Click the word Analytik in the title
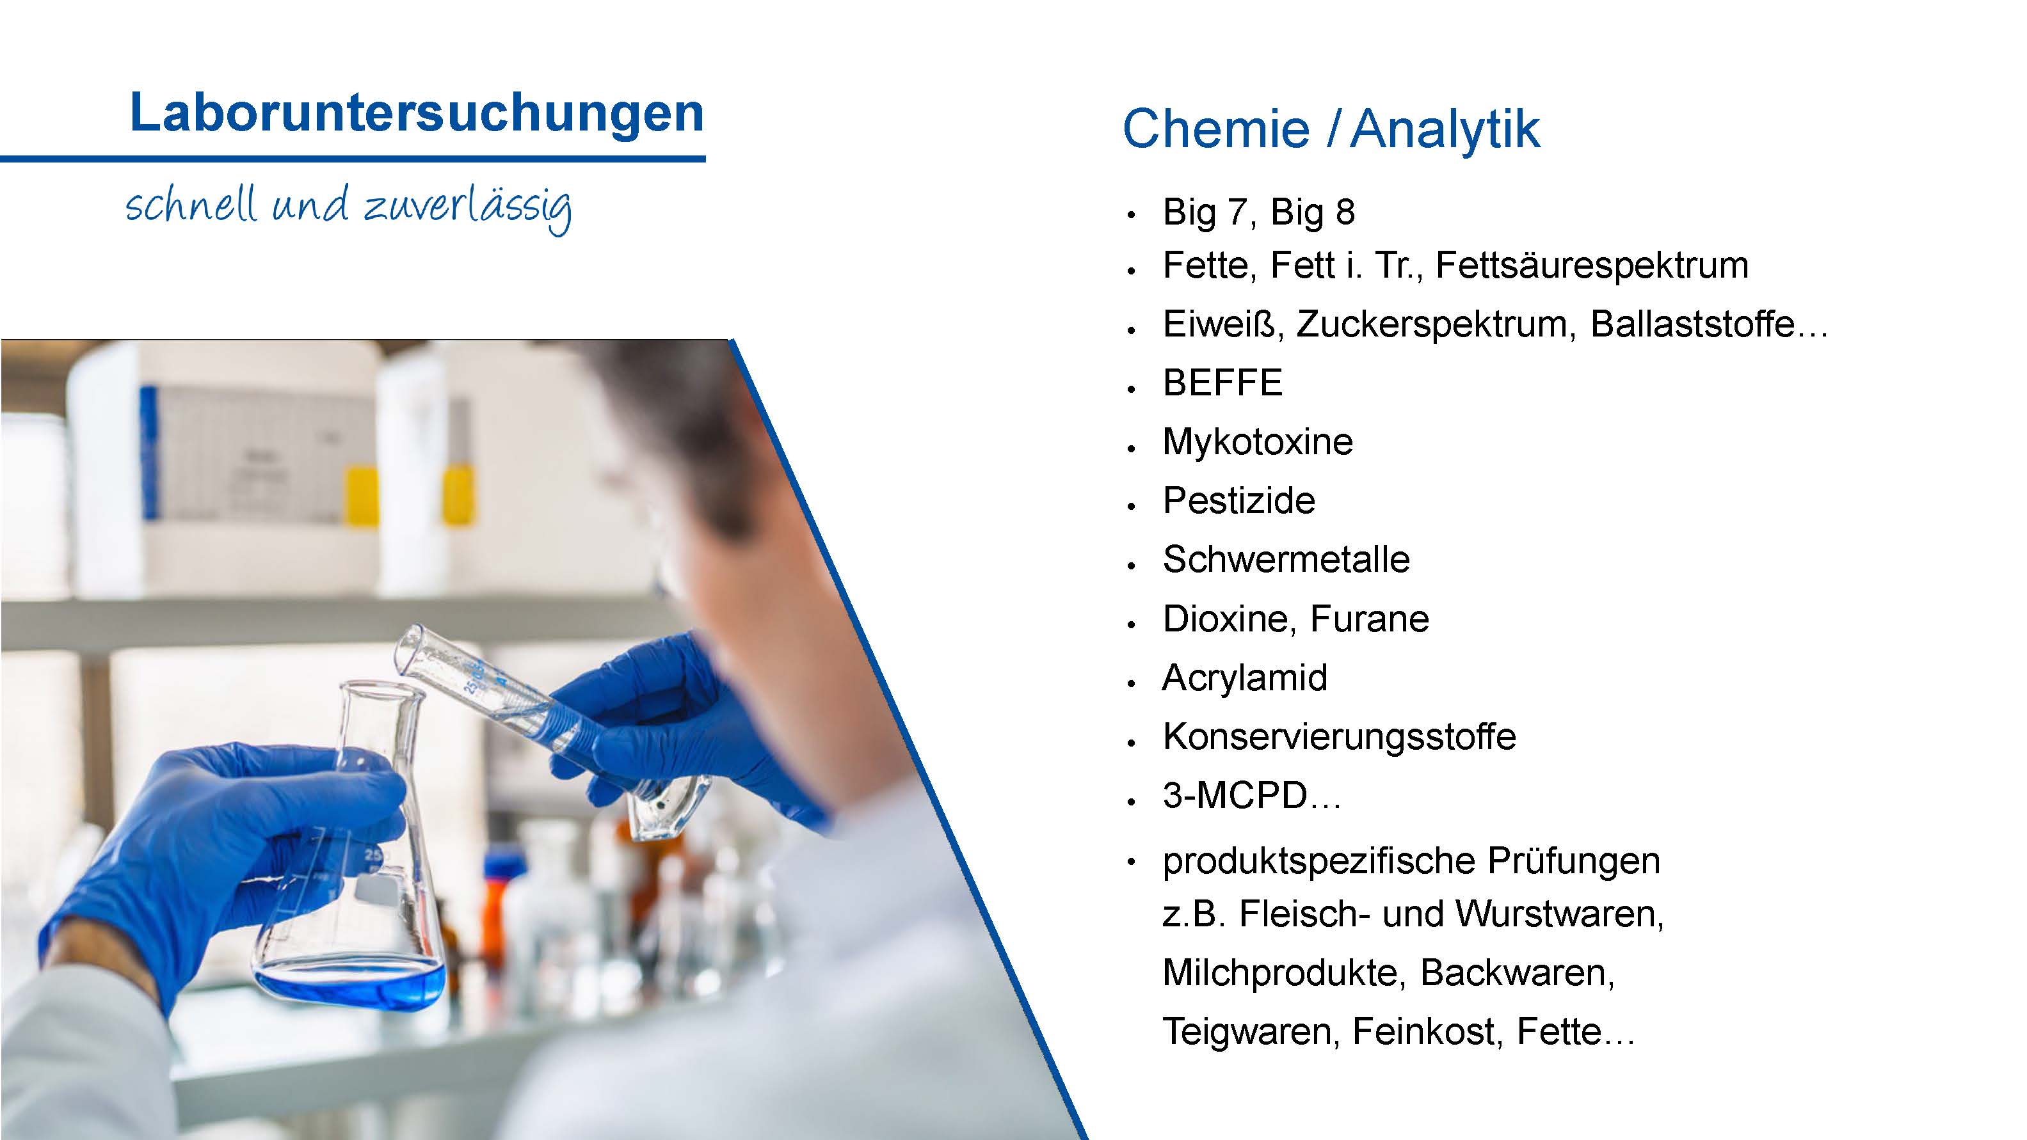1445,130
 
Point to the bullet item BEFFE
1223,383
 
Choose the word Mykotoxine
1258,442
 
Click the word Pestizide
1239,501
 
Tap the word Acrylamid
1245,678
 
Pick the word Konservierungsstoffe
1339,737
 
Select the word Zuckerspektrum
1436,325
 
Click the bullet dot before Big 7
1132,215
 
